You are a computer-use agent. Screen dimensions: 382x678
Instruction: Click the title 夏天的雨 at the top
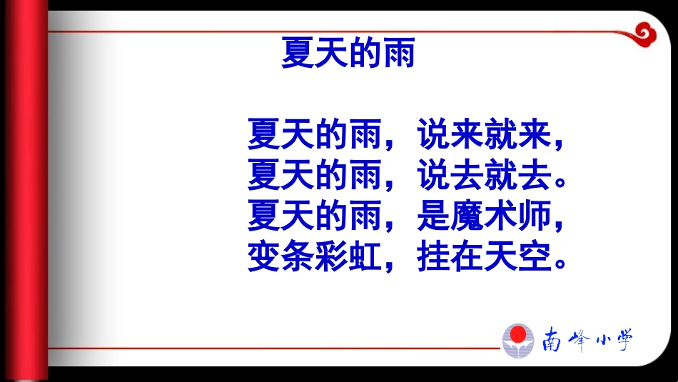[x=348, y=53]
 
